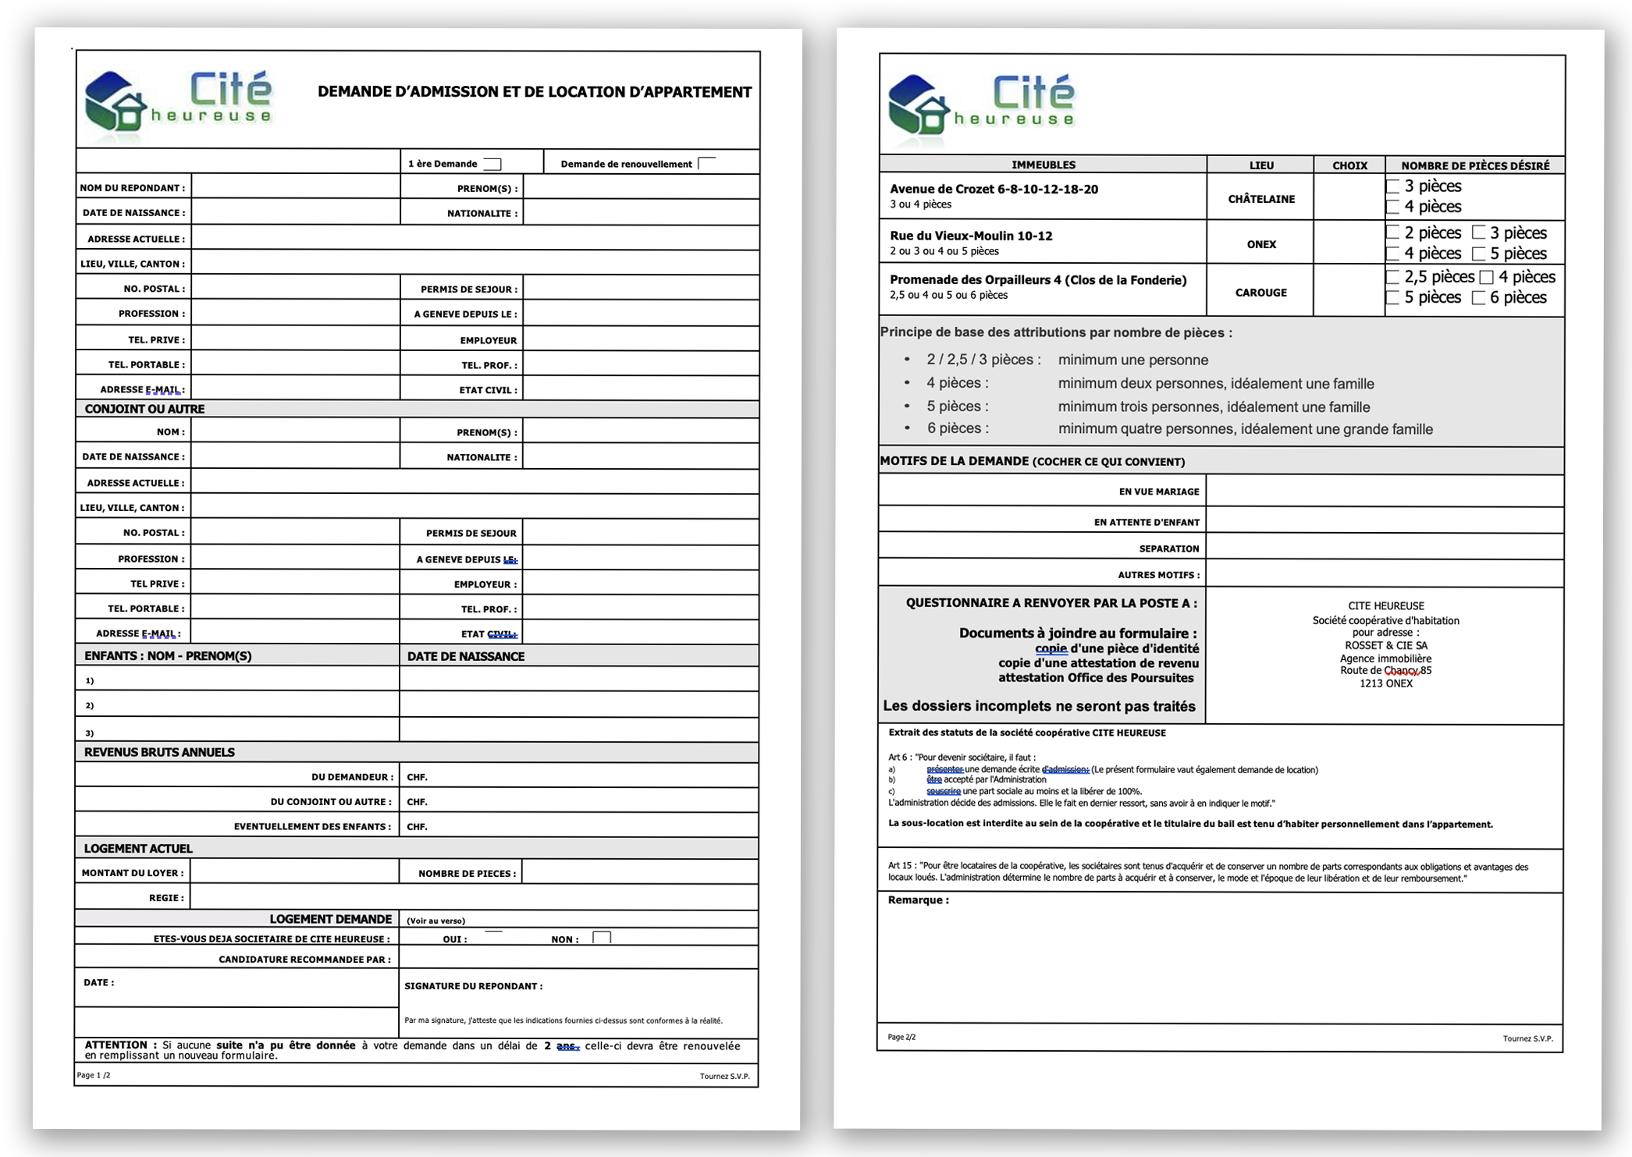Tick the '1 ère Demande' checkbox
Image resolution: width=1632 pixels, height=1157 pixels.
tap(492, 164)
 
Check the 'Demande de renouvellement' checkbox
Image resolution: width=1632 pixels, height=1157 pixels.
tap(707, 163)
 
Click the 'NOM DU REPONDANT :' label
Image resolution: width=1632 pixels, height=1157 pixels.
tap(133, 188)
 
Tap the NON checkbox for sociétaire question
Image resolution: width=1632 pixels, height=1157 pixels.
tap(601, 938)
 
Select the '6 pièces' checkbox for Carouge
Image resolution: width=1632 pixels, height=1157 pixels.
tap(1478, 298)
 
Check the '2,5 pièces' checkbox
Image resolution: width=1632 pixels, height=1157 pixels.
tap(1392, 278)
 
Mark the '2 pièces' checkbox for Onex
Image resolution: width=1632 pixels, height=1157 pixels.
tap(1392, 233)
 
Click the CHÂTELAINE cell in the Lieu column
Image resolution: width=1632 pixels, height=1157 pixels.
tap(1260, 199)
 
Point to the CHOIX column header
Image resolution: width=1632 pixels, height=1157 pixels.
tap(1349, 165)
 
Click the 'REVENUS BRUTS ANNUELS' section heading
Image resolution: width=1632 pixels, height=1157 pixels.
tap(159, 752)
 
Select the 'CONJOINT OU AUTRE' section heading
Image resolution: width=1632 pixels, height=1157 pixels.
tap(144, 409)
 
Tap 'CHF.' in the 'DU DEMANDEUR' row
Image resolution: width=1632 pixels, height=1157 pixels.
tap(417, 777)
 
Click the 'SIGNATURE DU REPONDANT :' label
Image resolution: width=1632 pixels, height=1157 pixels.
tap(473, 986)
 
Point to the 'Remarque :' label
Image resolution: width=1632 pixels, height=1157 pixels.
tap(918, 900)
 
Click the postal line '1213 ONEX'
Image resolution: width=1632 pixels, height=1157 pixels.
tap(1385, 683)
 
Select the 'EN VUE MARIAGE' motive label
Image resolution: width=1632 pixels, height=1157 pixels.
tap(1158, 492)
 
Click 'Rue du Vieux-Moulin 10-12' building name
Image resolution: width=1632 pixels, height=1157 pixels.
tap(971, 236)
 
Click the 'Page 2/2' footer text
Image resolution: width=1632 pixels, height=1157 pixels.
tap(901, 1037)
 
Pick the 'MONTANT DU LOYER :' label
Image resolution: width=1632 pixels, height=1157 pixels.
tap(133, 873)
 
